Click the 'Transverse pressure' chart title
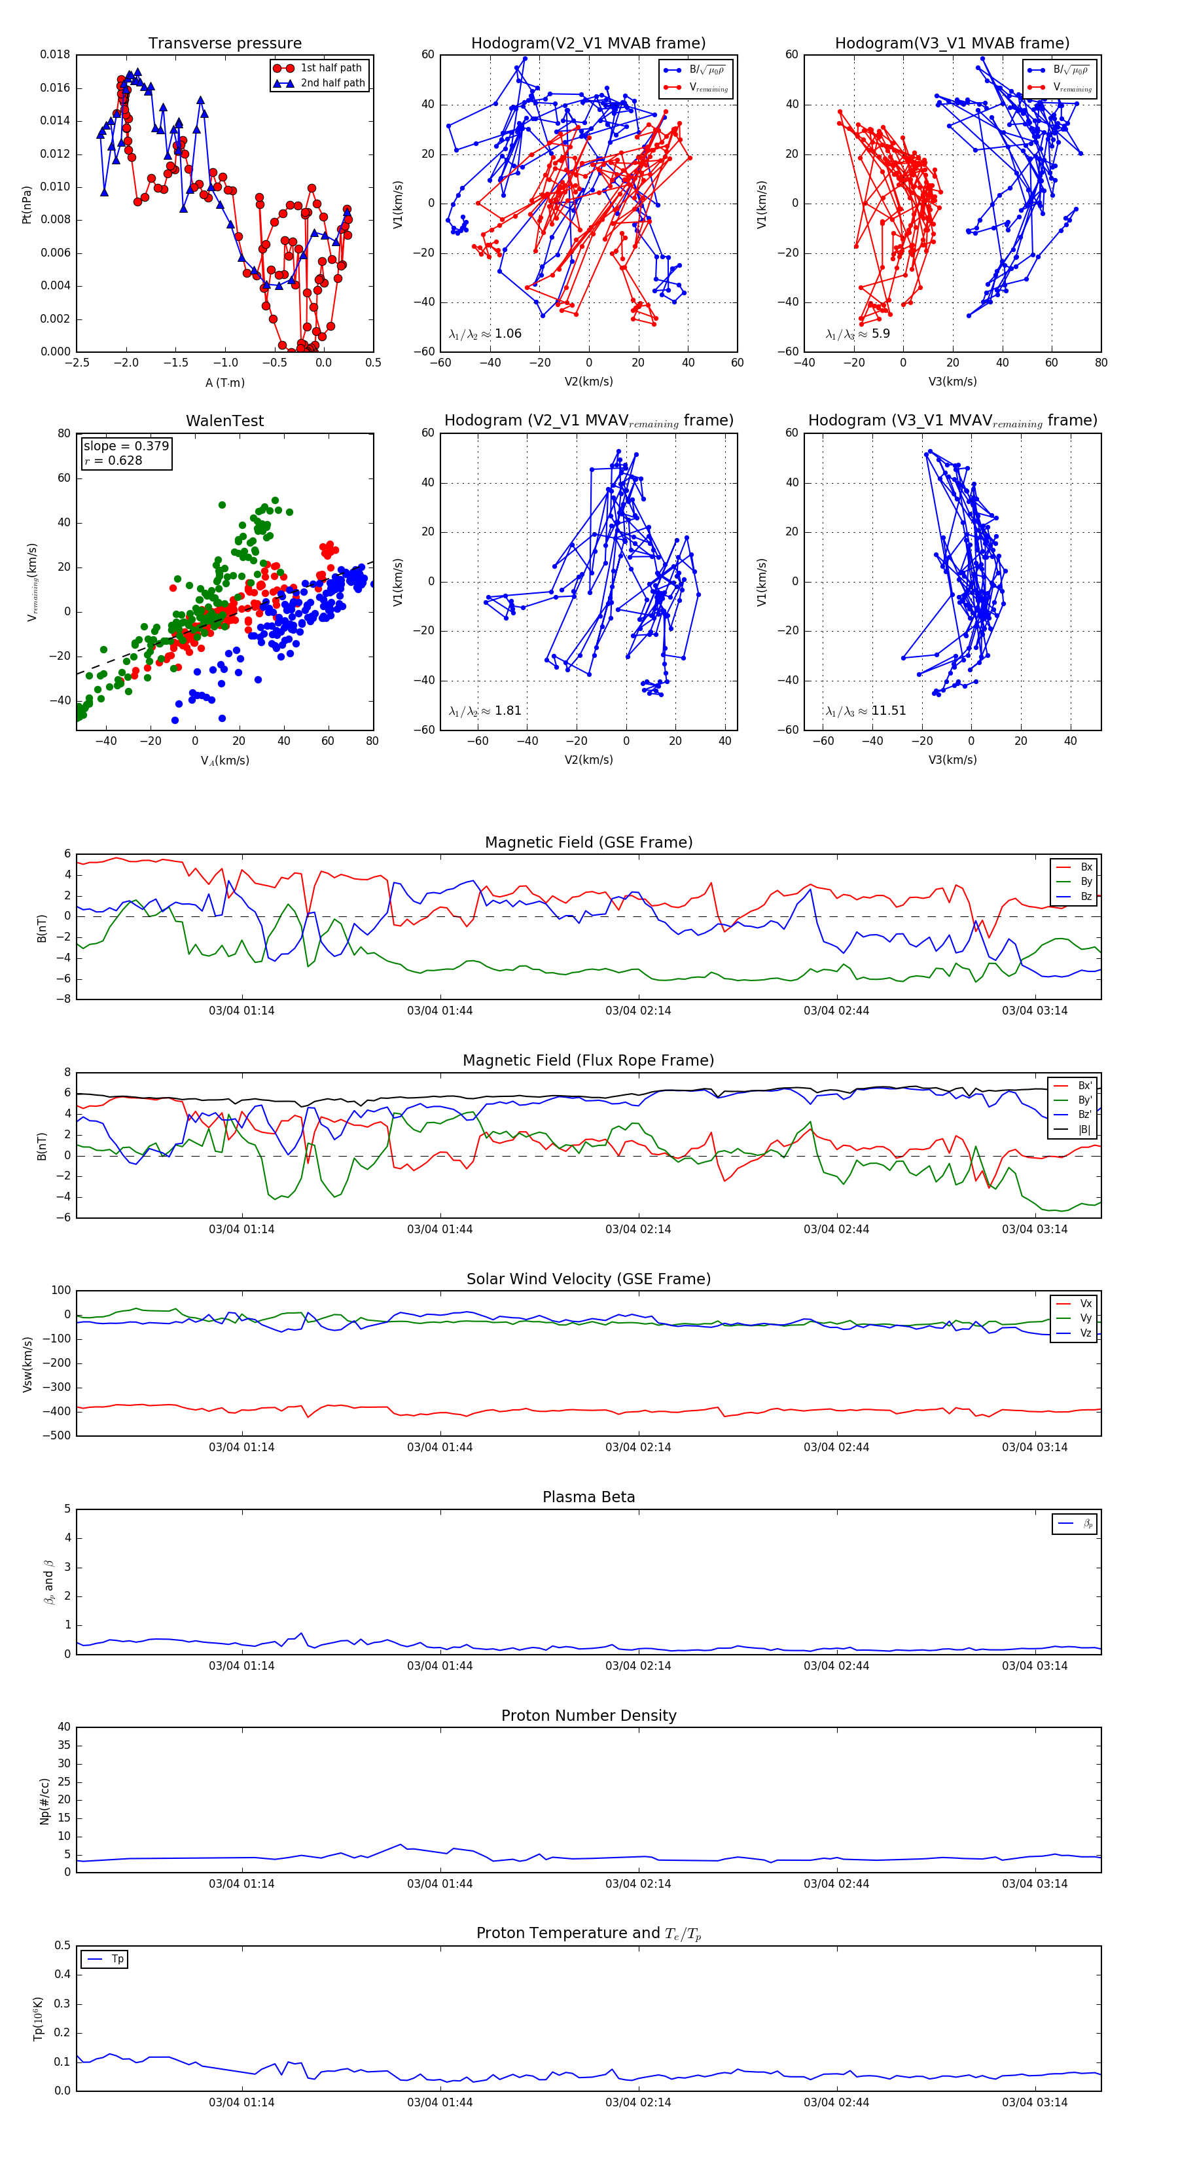click(x=224, y=44)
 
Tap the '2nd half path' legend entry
click(x=332, y=83)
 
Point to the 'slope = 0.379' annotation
click(x=126, y=446)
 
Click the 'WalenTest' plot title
click(x=224, y=421)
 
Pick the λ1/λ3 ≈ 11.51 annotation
click(x=865, y=711)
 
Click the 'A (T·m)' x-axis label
click(x=224, y=382)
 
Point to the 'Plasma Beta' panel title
click(x=588, y=1497)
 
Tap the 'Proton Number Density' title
click(x=588, y=1715)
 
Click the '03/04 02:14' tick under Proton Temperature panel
click(x=638, y=2102)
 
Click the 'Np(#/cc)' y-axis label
click(x=45, y=1801)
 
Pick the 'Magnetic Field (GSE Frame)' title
click(x=588, y=842)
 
